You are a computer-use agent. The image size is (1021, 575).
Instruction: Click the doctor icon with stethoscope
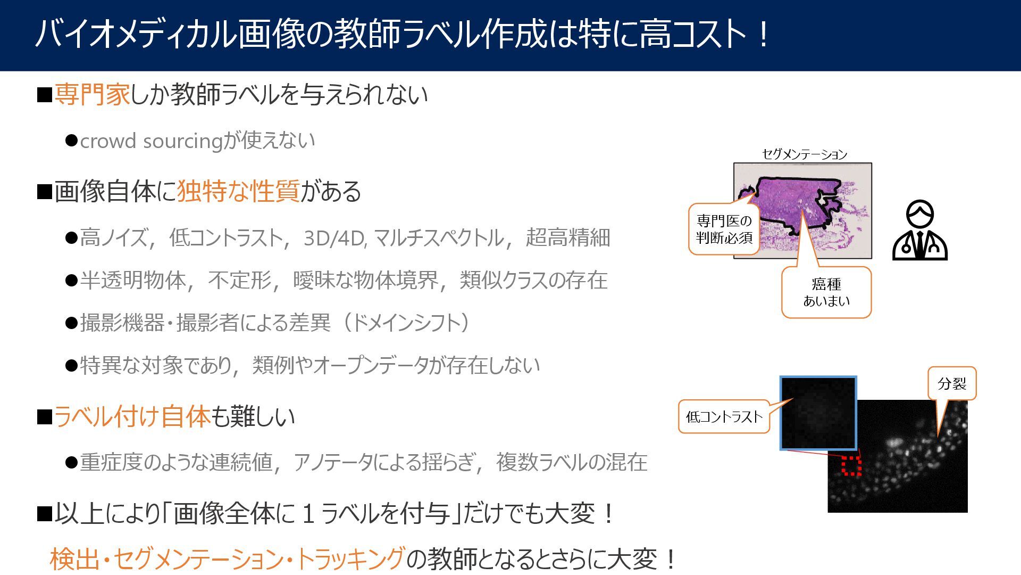pyautogui.click(x=920, y=230)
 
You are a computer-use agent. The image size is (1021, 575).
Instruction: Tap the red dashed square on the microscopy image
pyautogui.click(x=851, y=465)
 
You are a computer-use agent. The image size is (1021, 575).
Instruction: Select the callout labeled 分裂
pyautogui.click(x=952, y=383)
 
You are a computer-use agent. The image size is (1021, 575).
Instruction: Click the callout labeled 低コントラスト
pyautogui.click(x=724, y=416)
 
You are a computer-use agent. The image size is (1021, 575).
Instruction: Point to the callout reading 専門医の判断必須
pyautogui.click(x=724, y=229)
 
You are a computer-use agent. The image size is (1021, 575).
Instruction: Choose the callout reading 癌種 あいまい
pyautogui.click(x=826, y=293)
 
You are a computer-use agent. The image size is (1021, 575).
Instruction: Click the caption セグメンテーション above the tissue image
pyautogui.click(x=804, y=154)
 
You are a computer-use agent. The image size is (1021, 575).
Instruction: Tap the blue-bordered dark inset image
pyautogui.click(x=818, y=413)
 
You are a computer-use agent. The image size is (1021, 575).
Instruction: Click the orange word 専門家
pyautogui.click(x=92, y=95)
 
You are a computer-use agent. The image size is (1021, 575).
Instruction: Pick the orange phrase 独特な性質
pyautogui.click(x=238, y=191)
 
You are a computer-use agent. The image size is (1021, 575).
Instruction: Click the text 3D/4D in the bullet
pyautogui.click(x=334, y=238)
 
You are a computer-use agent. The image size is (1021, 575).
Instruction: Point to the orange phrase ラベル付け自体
pyautogui.click(x=132, y=416)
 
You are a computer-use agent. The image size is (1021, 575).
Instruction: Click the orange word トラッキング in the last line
pyautogui.click(x=350, y=559)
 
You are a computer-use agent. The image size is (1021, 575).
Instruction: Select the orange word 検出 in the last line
pyautogui.click(x=74, y=559)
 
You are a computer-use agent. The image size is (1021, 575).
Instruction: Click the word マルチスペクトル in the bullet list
pyautogui.click(x=439, y=238)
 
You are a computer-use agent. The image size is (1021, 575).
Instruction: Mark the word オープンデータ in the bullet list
pyautogui.click(x=370, y=365)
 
